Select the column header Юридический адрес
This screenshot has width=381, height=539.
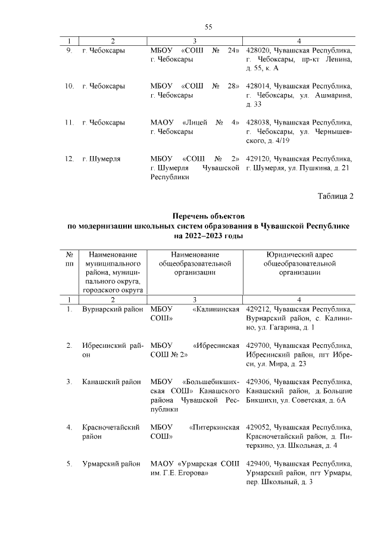(x=300, y=255)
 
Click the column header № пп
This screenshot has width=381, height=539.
(x=70, y=259)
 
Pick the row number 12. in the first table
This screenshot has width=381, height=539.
(x=69, y=158)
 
